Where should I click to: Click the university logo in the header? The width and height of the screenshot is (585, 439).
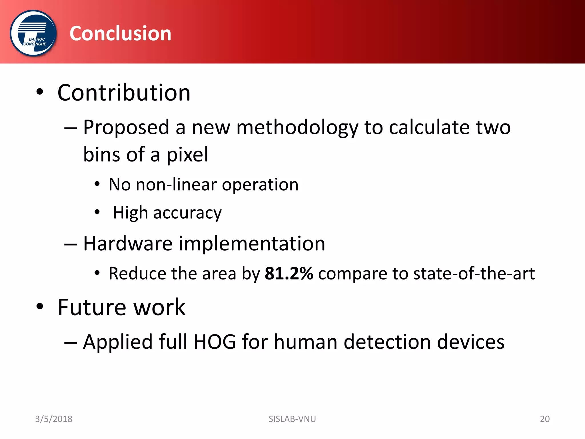[x=33, y=33]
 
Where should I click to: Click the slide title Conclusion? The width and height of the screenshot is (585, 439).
[x=120, y=33]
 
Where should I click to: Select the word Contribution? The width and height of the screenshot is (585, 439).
[x=124, y=93]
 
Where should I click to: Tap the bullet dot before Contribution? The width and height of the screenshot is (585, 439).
[x=40, y=92]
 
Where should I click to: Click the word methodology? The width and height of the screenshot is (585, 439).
[x=297, y=127]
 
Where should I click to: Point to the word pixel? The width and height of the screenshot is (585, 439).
[x=187, y=155]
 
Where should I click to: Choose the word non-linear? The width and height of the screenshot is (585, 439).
[x=176, y=184]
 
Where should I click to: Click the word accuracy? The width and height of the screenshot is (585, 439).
[x=187, y=213]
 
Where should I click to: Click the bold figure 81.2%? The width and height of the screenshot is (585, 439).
[x=289, y=274]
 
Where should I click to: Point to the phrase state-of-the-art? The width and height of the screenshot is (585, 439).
[x=474, y=274]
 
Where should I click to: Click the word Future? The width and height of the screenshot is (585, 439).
[x=91, y=307]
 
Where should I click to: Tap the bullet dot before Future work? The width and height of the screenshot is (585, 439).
[x=40, y=306]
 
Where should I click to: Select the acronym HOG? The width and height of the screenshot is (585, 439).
[x=215, y=342]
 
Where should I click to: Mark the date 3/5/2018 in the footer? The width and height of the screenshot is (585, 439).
[x=54, y=419]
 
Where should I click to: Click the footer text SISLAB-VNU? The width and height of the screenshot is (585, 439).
[x=292, y=419]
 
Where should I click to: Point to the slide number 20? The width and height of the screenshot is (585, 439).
[x=545, y=419]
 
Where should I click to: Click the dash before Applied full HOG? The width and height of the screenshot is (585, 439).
[x=71, y=342]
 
